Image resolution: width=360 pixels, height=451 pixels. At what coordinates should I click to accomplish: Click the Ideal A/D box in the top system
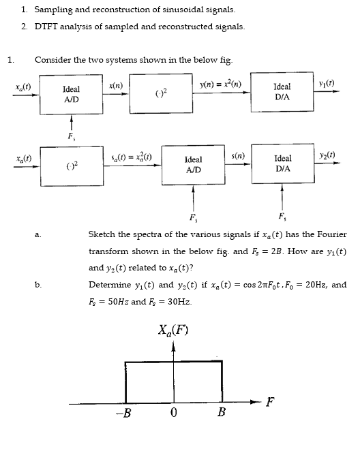(x=71, y=93)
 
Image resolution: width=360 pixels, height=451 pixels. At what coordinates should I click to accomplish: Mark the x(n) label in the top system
(x=116, y=84)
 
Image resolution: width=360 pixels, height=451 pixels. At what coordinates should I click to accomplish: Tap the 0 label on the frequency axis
(x=174, y=413)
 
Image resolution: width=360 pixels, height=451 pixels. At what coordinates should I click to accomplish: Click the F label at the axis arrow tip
(x=271, y=400)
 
